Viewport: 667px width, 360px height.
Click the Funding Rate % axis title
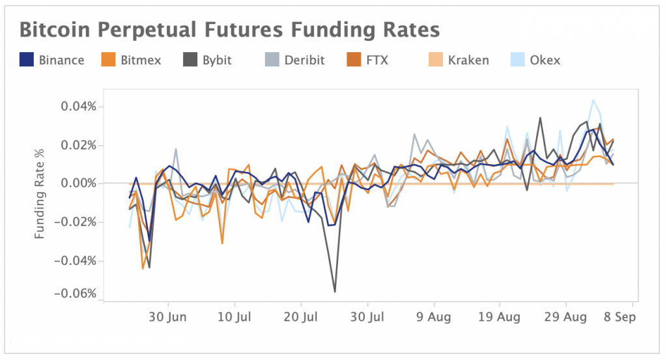(40, 193)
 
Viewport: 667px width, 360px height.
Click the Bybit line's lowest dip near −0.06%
(335, 292)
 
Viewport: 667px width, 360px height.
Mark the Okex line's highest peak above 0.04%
(593, 100)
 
